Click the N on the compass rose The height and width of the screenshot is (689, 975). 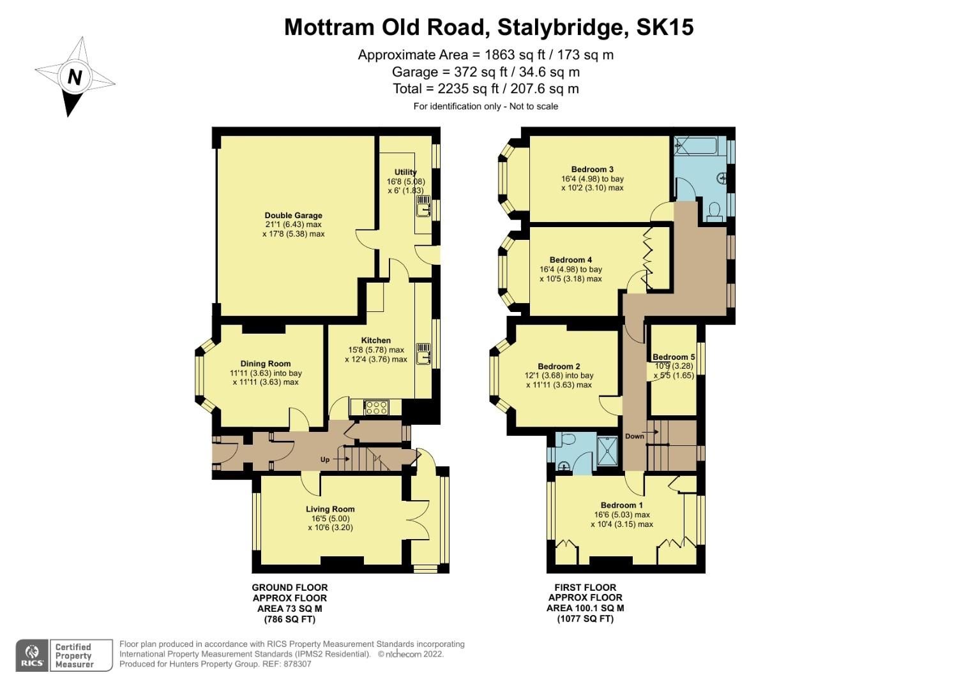click(x=75, y=77)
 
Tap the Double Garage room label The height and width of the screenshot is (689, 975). click(x=293, y=216)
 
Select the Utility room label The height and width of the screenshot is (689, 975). click(x=405, y=172)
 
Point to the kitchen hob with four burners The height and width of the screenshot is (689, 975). click(x=376, y=407)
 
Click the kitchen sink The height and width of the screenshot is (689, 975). click(x=423, y=353)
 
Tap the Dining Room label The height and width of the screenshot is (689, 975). click(x=266, y=364)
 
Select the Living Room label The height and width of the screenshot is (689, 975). click(x=330, y=509)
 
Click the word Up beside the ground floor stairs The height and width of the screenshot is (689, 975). click(x=325, y=459)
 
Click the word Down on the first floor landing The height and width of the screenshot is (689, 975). click(x=634, y=436)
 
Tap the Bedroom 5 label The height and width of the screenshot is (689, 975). click(x=674, y=357)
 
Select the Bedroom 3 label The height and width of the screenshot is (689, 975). click(x=593, y=169)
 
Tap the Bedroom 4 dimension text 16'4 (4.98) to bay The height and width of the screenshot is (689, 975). click(x=571, y=269)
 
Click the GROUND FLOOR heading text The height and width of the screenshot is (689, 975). click(x=290, y=588)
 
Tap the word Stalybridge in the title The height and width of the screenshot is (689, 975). click(x=559, y=27)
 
